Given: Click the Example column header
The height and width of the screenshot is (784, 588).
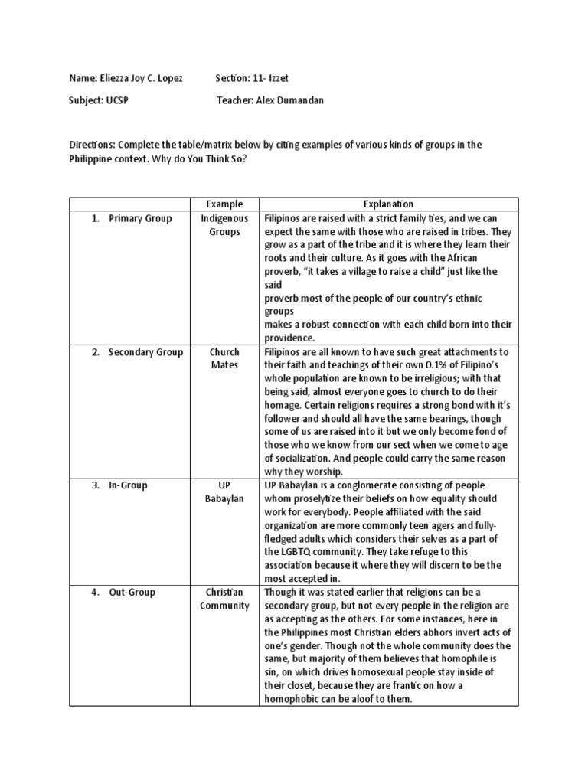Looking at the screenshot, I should click(x=225, y=204).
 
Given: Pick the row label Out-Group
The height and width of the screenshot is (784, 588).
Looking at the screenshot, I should click(x=131, y=592).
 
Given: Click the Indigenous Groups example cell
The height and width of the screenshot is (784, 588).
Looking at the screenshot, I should click(x=225, y=225).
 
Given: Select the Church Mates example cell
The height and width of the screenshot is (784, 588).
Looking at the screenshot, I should click(x=225, y=358).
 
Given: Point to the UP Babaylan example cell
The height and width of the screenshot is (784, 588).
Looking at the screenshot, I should click(x=225, y=492).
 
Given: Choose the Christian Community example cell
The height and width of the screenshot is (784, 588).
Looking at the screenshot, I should click(x=225, y=599).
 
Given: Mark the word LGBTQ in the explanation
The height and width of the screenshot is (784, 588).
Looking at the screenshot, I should click(x=298, y=551).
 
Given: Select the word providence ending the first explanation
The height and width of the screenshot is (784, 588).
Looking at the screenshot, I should click(x=289, y=338).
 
